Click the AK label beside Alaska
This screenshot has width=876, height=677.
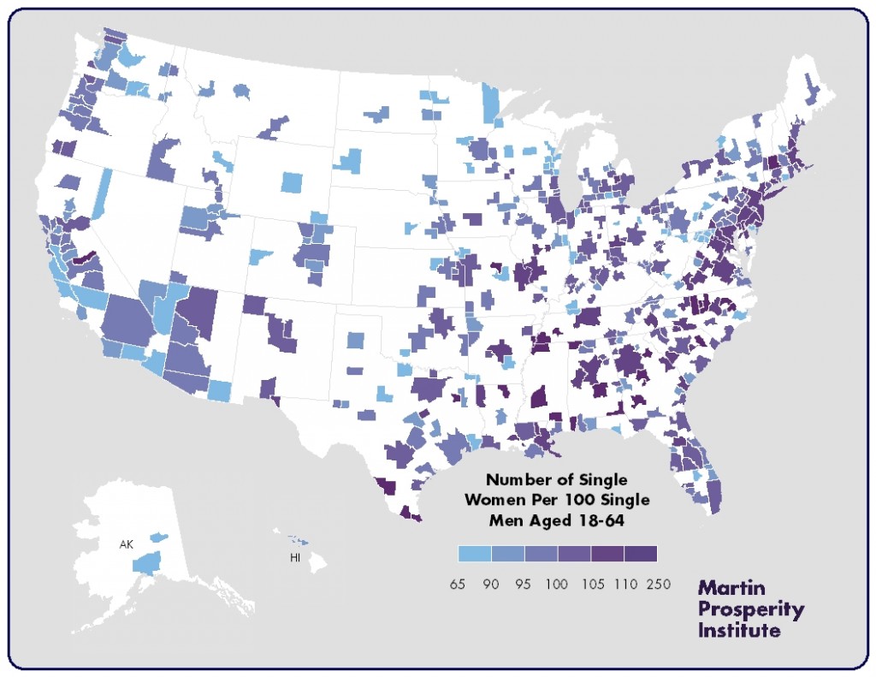(125, 544)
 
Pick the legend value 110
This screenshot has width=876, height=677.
(624, 585)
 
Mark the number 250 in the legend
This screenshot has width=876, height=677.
(658, 585)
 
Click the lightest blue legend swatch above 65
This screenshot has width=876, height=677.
(474, 554)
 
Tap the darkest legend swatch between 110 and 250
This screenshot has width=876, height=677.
(641, 554)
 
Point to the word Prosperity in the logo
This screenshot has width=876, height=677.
(751, 610)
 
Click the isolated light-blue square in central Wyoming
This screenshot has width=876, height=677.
(292, 182)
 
